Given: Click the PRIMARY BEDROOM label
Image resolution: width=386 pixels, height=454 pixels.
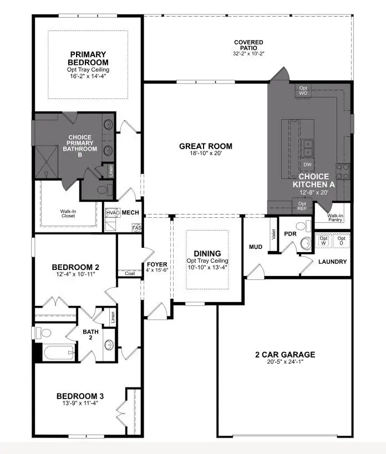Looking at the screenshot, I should (88, 58).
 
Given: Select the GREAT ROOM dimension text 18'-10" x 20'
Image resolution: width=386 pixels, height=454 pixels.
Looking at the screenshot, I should (205, 154).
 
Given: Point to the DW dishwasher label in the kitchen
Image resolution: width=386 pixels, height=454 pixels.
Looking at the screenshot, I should (307, 165).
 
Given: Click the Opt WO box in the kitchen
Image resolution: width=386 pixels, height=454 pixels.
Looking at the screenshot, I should (303, 90).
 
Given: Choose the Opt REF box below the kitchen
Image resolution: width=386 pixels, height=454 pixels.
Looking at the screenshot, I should (302, 206).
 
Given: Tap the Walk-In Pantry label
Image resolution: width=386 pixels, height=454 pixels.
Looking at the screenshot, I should (334, 217).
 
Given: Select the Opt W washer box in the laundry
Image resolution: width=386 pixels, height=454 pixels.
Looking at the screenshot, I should (324, 241).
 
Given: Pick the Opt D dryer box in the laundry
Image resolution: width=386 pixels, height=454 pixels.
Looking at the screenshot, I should (342, 241).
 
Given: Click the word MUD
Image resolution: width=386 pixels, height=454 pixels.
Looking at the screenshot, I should (256, 246).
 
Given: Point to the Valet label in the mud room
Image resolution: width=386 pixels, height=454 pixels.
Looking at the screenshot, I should (273, 234).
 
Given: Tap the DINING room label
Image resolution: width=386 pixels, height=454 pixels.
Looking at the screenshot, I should (207, 253).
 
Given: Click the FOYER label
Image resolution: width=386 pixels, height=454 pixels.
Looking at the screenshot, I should (153, 264).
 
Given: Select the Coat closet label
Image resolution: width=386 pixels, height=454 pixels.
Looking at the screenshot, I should (130, 273).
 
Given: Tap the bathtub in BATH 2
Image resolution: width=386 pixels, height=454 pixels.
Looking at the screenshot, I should (55, 353).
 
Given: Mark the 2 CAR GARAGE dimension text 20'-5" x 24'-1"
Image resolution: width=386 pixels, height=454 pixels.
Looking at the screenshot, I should (285, 362).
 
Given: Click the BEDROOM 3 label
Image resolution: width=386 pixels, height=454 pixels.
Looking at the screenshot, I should (80, 396).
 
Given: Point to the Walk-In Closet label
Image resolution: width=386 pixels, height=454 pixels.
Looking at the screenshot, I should (68, 213).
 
